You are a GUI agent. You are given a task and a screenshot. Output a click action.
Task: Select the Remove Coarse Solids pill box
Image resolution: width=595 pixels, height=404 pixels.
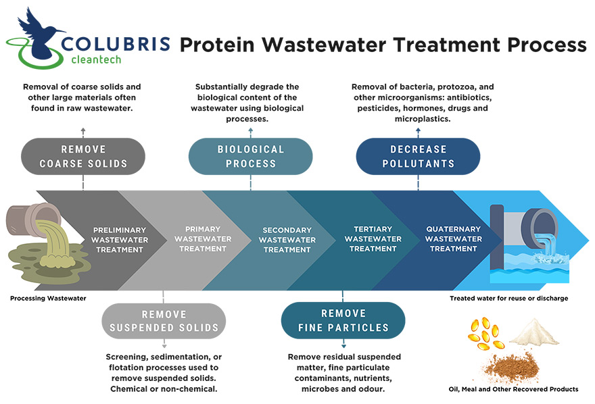click(x=83, y=156)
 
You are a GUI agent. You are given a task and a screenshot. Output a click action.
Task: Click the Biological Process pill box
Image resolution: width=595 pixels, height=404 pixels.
click(x=250, y=156)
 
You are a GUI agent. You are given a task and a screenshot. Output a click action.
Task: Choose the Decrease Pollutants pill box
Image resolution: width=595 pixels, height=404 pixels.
click(x=418, y=156)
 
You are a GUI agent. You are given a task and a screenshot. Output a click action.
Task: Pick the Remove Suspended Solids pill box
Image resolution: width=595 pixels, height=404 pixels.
click(x=164, y=321)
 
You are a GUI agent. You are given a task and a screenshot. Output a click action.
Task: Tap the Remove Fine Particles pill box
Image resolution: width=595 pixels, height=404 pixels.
click(x=343, y=320)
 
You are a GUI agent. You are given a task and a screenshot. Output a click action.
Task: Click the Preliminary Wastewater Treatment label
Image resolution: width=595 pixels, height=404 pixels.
click(x=119, y=240)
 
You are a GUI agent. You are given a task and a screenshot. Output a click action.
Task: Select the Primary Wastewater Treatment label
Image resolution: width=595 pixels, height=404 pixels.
click(x=203, y=238)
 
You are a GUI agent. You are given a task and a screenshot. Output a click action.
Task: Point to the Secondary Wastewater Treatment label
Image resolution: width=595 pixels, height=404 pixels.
click(x=287, y=240)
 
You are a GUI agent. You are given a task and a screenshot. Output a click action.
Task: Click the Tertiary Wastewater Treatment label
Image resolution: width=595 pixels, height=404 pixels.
click(x=373, y=238)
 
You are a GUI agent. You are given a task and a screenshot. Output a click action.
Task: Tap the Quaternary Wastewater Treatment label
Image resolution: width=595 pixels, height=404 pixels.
click(x=454, y=238)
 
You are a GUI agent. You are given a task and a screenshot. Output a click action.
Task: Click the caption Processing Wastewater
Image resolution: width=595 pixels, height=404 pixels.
click(x=48, y=298)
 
